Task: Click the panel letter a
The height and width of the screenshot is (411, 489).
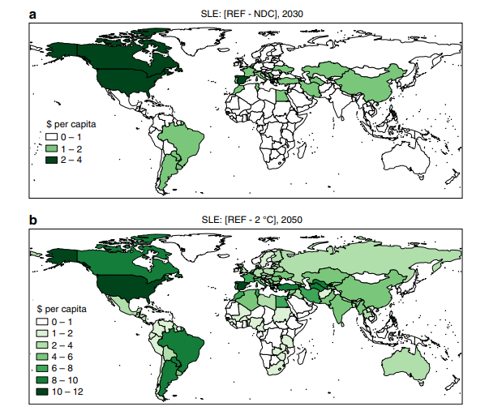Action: point(33,13)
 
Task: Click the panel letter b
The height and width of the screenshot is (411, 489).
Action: point(33,219)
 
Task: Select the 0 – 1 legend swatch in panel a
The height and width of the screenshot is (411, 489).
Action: point(50,139)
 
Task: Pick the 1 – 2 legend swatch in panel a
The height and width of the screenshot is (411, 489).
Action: point(50,150)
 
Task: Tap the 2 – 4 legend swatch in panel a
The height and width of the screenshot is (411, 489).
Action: point(50,161)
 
